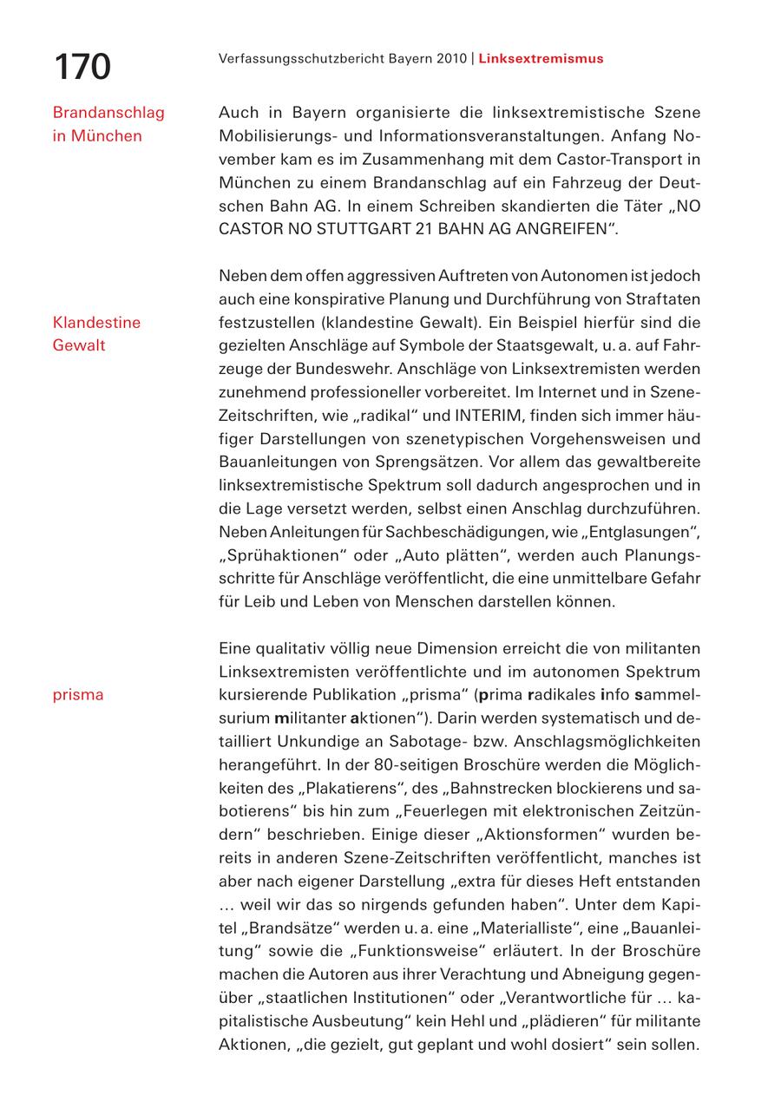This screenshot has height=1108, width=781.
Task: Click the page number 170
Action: click(x=82, y=67)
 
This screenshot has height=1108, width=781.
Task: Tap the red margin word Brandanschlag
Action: click(x=108, y=113)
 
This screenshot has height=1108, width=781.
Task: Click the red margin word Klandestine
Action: click(x=96, y=323)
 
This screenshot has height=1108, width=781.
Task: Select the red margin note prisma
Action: click(x=78, y=695)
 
